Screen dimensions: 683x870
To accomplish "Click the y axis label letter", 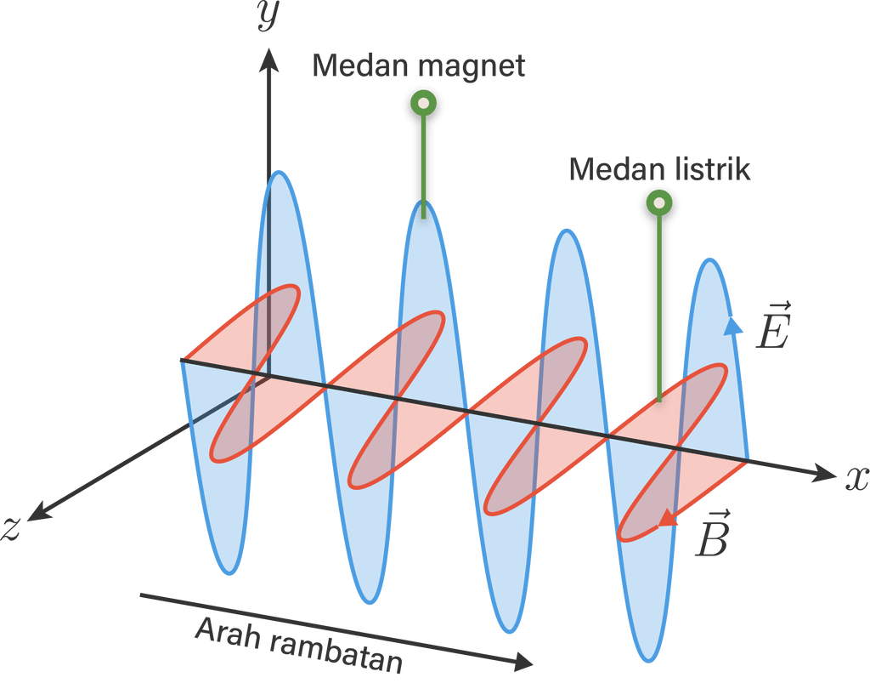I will (x=269, y=15).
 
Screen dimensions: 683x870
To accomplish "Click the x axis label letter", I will (x=856, y=479).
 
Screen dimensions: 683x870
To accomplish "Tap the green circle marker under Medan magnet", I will (x=422, y=104).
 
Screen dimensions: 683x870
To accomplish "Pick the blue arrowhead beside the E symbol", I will (x=736, y=324).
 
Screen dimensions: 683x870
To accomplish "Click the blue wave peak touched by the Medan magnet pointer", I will (x=422, y=213).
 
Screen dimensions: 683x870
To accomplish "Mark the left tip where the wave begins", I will (x=180, y=361).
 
